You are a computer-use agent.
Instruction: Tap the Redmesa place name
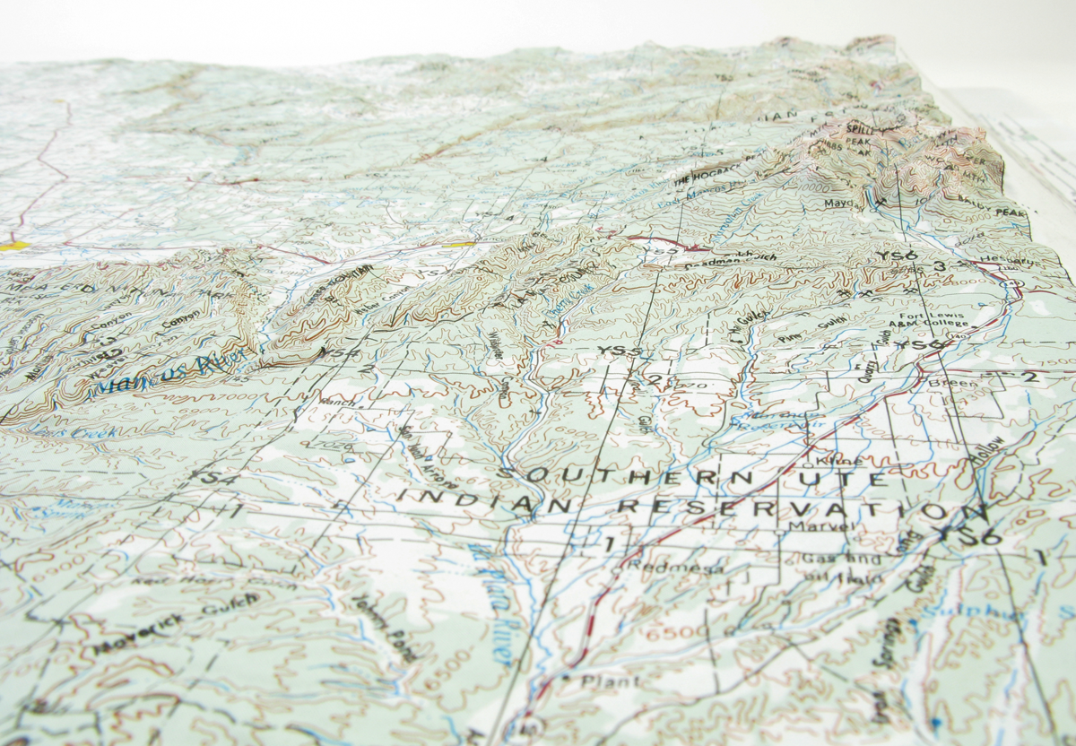pyautogui.click(x=658, y=566)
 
